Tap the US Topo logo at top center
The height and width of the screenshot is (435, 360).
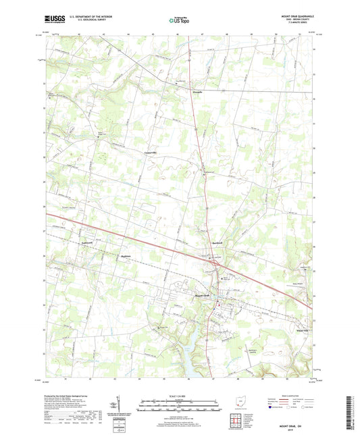point(180,21)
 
